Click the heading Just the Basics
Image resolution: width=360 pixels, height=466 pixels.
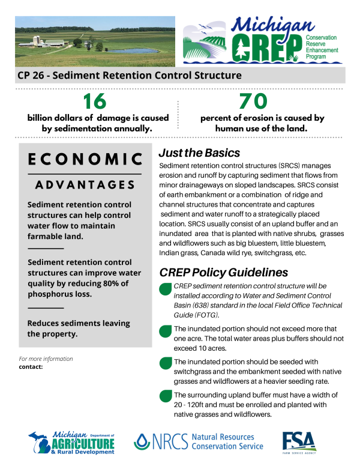(199, 153)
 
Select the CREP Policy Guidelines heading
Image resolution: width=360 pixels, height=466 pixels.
(223, 272)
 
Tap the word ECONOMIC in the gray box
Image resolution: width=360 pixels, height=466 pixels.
(85, 159)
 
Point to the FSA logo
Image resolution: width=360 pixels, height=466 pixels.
(299, 442)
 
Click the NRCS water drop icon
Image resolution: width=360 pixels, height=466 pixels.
(142, 443)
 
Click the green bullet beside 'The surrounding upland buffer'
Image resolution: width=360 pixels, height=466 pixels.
(165, 396)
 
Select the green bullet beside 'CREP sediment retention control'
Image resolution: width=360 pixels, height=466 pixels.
(165, 289)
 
